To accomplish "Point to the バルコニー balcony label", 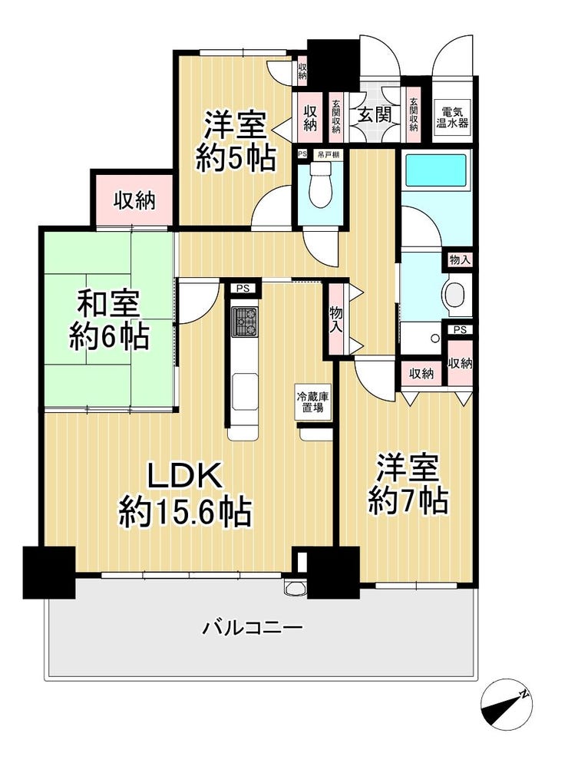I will (252, 628).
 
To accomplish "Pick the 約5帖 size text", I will (235, 157).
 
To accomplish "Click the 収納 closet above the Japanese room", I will (135, 201).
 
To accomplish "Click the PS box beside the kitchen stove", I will (243, 289).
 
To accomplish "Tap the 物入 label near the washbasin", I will (460, 260).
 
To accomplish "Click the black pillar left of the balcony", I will (49, 572).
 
